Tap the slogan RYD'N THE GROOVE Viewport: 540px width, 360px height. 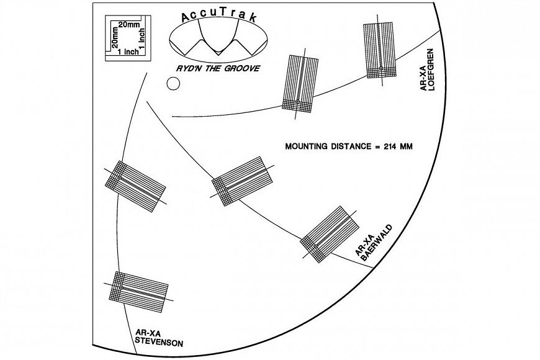pyautogui.click(x=218, y=68)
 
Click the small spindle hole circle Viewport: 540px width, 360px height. pyautogui.click(x=173, y=83)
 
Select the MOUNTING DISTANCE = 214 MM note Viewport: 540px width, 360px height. pyautogui.click(x=349, y=146)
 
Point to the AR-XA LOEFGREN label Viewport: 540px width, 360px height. pyautogui.click(x=427, y=70)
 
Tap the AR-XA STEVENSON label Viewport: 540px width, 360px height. pyautogui.click(x=159, y=338)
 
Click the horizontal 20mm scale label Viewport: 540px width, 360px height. pyautogui.click(x=129, y=24)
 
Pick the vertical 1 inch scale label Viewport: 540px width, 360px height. pyautogui.click(x=142, y=38)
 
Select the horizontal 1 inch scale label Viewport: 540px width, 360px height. pyautogui.click(x=128, y=52)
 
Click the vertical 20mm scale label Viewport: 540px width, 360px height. pyautogui.click(x=115, y=37)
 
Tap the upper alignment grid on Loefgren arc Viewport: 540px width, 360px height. pyautogui.click(x=379, y=50)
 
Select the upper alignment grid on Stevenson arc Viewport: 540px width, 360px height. pyautogui.click(x=135, y=186)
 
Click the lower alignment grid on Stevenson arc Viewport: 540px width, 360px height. pyautogui.click(x=138, y=292)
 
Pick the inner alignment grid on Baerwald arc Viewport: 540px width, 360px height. pyautogui.click(x=242, y=181)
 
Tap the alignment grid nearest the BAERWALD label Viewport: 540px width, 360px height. pyautogui.click(x=330, y=234)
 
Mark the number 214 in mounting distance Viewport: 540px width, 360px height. pyautogui.click(x=390, y=146)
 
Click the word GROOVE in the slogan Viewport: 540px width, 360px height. pyautogui.click(x=242, y=68)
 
